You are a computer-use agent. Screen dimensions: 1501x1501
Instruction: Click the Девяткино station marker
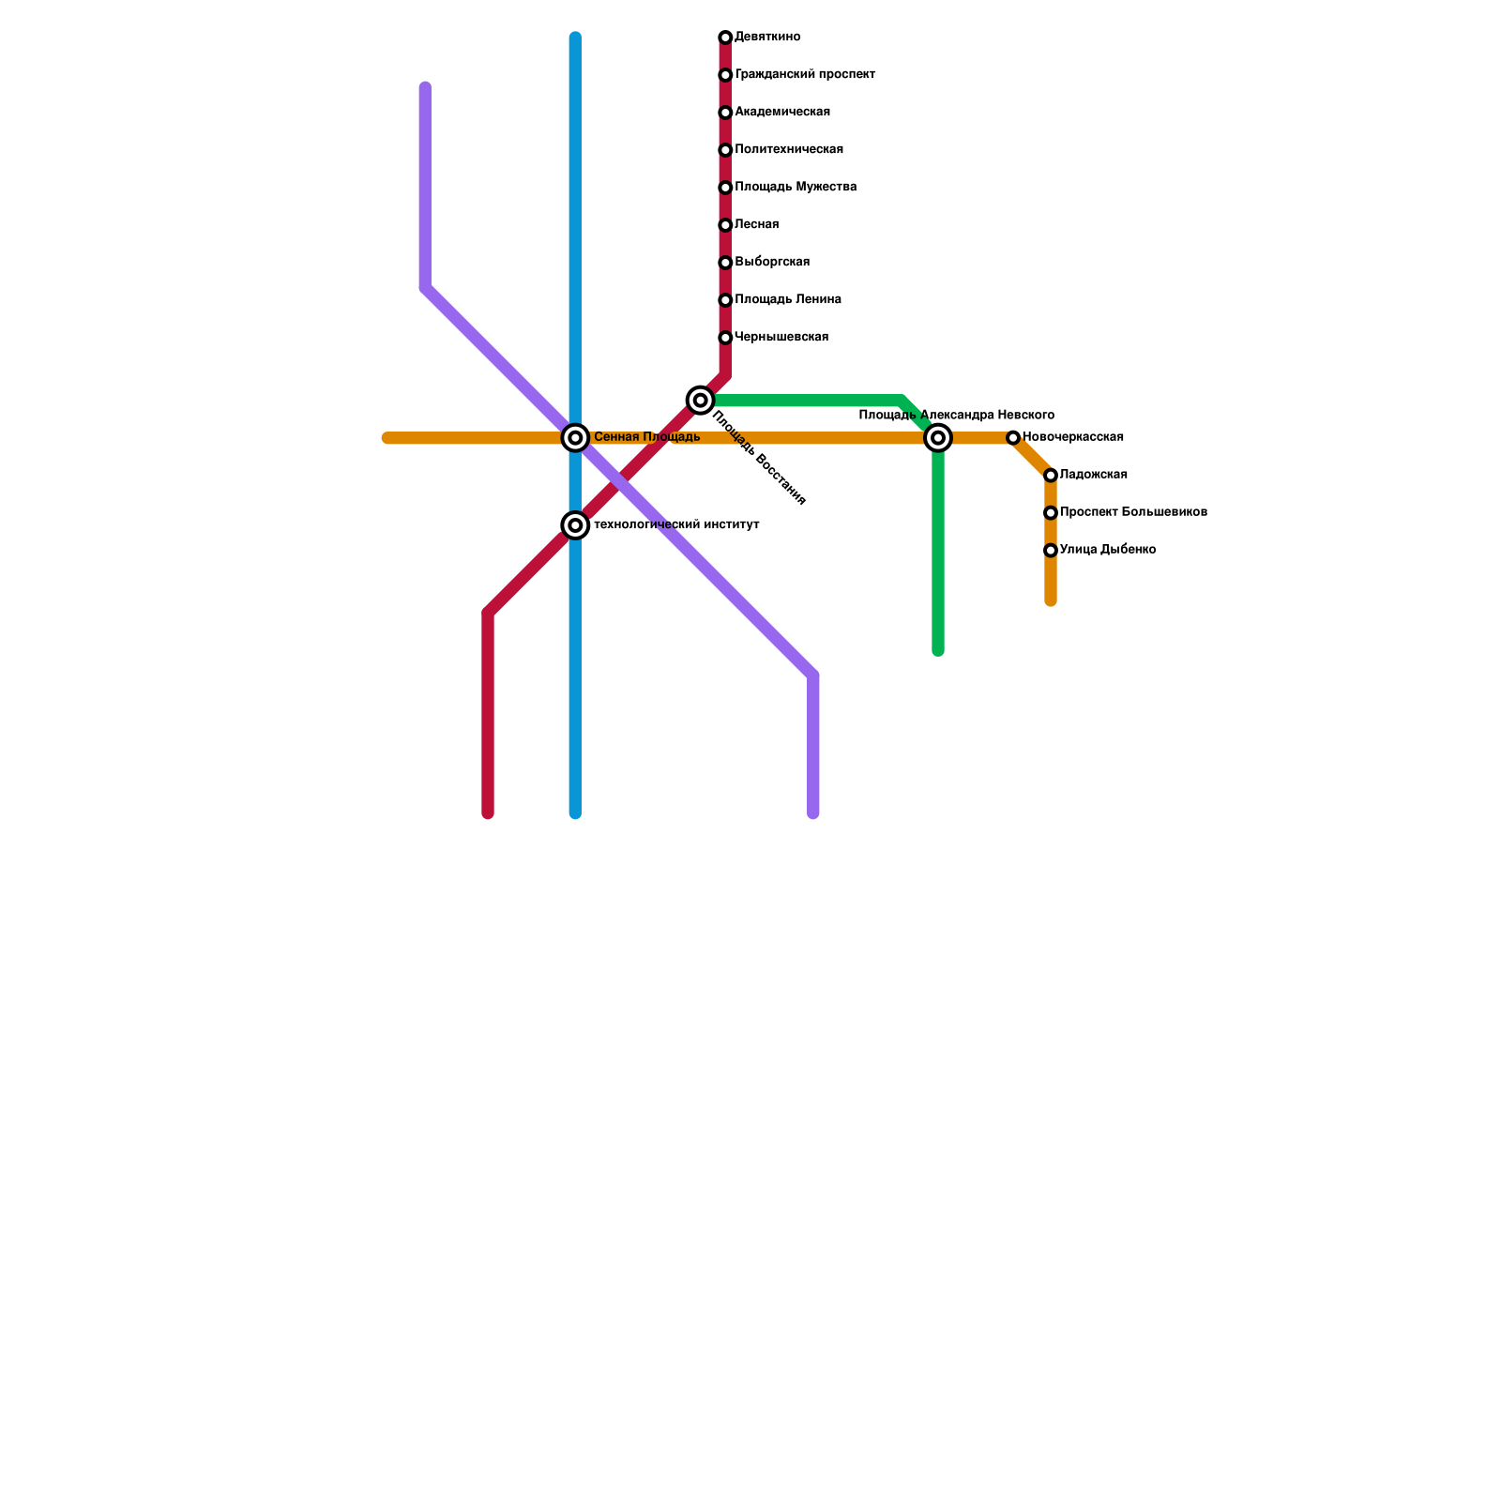[x=725, y=38]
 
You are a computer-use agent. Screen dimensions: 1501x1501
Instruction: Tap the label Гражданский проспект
[x=805, y=75]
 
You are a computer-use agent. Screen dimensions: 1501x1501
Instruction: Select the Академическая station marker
[x=725, y=113]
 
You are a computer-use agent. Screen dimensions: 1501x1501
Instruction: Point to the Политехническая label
[x=789, y=150]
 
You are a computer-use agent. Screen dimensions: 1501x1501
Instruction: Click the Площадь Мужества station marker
[x=725, y=188]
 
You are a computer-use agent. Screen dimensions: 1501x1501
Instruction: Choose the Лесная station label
[x=757, y=225]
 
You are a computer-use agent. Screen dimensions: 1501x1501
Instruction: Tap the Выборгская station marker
[x=725, y=263]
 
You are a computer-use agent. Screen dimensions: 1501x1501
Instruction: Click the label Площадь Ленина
[x=788, y=300]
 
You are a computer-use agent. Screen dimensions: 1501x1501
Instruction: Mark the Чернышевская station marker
[x=725, y=338]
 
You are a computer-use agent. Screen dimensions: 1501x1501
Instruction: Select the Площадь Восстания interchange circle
[x=700, y=401]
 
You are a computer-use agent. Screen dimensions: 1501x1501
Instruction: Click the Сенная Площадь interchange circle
[x=575, y=438]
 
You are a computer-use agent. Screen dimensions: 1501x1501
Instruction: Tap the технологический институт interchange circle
[x=575, y=525]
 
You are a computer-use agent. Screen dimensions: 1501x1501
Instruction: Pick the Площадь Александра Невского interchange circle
[x=938, y=438]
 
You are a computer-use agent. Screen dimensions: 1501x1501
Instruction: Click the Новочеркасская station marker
[x=1013, y=438]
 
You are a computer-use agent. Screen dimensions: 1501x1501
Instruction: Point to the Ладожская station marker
[x=1051, y=476]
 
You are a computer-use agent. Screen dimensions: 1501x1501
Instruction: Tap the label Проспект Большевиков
[x=1133, y=513]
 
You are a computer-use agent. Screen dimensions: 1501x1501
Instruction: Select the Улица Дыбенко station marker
[x=1051, y=551]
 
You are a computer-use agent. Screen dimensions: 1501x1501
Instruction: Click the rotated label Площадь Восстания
[x=759, y=459]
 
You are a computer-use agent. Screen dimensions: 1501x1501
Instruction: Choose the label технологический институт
[x=676, y=525]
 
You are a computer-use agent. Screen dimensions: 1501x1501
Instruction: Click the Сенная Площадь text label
[x=647, y=437]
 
